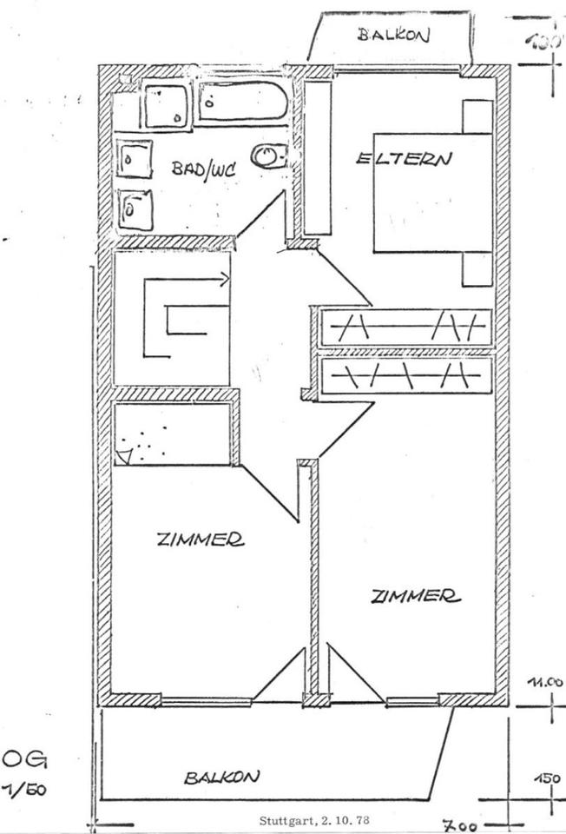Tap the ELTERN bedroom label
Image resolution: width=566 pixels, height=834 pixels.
(405, 159)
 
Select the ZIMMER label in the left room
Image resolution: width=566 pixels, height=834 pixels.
(200, 539)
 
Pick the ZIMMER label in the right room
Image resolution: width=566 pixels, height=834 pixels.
(415, 595)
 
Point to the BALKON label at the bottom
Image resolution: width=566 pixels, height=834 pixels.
(221, 778)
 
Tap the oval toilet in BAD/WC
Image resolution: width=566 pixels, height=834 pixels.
(269, 156)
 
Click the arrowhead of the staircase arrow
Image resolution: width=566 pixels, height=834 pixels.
(225, 280)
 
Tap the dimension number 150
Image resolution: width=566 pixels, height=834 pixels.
(547, 778)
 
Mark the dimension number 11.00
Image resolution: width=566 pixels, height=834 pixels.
(546, 683)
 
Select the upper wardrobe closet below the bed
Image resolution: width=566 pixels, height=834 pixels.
(405, 328)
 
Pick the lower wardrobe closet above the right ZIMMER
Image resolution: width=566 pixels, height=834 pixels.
(405, 375)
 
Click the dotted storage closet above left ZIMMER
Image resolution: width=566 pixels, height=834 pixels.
(171, 434)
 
